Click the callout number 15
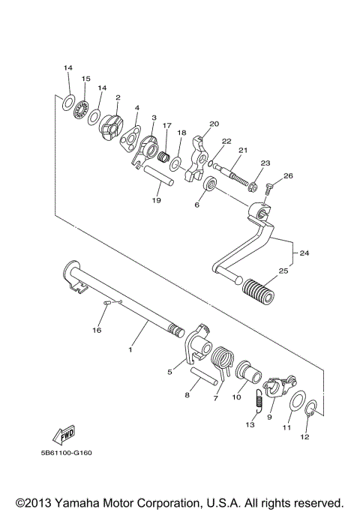(86, 79)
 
